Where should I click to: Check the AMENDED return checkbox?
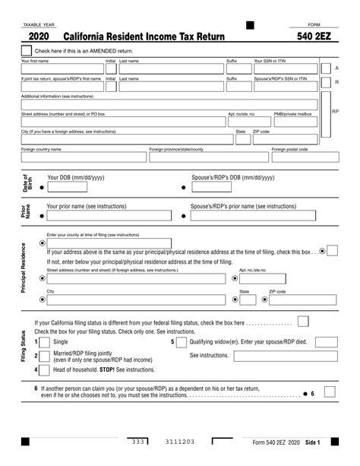click(x=27, y=50)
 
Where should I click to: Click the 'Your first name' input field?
click(x=62, y=68)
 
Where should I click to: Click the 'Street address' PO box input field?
click(x=122, y=122)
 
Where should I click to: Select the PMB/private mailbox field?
click(x=299, y=122)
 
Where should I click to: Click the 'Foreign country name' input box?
click(x=83, y=157)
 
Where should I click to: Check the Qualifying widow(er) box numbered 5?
click(x=182, y=342)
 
